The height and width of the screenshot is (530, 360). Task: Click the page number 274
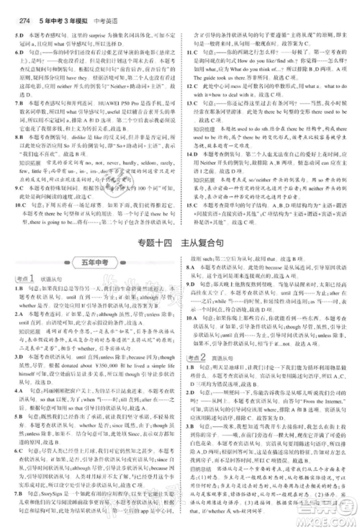(x=14, y=9)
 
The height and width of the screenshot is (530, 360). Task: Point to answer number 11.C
(x=191, y=52)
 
